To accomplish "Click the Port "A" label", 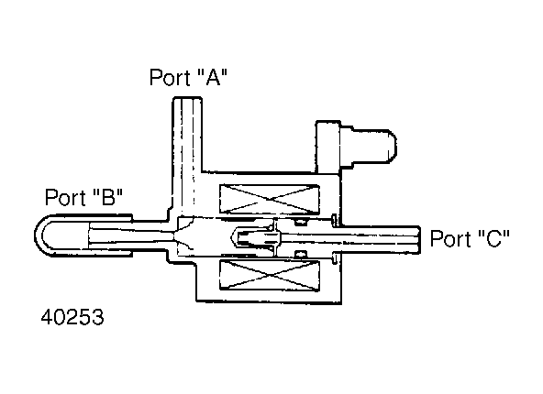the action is pyautogui.click(x=189, y=77).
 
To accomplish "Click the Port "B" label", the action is pyautogui.click(x=84, y=197).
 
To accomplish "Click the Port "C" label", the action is pyautogui.click(x=470, y=238).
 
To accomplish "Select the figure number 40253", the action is pyautogui.click(x=72, y=317).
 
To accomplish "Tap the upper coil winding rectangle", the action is pyautogui.click(x=270, y=199).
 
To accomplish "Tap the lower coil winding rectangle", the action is pyautogui.click(x=270, y=276).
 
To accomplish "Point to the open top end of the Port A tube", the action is pyautogui.click(x=187, y=99).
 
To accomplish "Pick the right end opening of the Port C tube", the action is pyautogui.click(x=420, y=240).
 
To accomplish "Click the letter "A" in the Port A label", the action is pyautogui.click(x=214, y=77).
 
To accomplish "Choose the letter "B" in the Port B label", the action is pyautogui.click(x=108, y=197).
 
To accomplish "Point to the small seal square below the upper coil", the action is pyautogui.click(x=301, y=222).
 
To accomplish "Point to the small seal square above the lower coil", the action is pyautogui.click(x=301, y=255).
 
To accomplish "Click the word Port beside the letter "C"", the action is pyautogui.click(x=450, y=238).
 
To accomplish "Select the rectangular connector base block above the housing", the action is pyautogui.click(x=328, y=147).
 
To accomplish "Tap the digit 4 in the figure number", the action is pyautogui.click(x=47, y=317).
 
